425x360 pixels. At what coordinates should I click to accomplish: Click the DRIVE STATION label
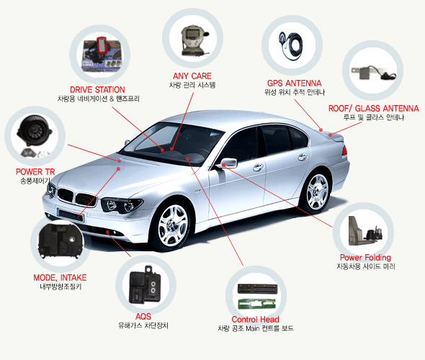(x=97, y=90)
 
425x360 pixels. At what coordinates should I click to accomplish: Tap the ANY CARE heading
(x=192, y=76)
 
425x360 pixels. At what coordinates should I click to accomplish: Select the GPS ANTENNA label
(x=294, y=84)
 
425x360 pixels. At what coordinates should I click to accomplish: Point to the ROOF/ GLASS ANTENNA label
(x=374, y=108)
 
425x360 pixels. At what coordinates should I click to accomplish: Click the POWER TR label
(x=35, y=172)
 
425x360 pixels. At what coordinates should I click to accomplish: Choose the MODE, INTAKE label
(x=60, y=278)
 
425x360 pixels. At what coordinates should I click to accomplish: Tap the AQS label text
(x=143, y=316)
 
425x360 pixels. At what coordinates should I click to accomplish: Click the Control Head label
(x=255, y=320)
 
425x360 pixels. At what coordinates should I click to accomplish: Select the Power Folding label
(x=365, y=257)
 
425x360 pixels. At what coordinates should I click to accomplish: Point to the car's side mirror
(x=228, y=163)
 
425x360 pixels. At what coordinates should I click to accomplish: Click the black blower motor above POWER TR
(x=34, y=131)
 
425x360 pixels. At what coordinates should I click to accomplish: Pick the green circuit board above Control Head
(x=256, y=304)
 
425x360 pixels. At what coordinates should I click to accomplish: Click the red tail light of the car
(x=344, y=150)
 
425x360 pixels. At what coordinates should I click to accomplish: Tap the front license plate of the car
(x=71, y=215)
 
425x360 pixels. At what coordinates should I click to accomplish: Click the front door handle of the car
(x=258, y=167)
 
